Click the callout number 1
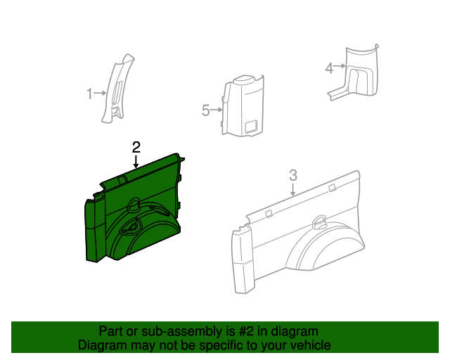click(89, 93)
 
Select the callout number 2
click(136, 147)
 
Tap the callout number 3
click(294, 175)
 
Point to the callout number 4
click(328, 67)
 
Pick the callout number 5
click(205, 110)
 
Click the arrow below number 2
click(136, 162)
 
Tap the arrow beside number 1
click(100, 93)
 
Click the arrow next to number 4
click(340, 67)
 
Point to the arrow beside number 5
click(217, 110)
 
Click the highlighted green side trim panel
click(134, 211)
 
